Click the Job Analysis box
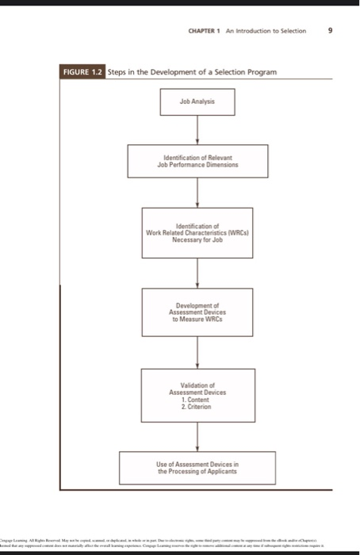point(197,103)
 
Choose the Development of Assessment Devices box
point(197,312)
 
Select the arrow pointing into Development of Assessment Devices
point(197,274)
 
